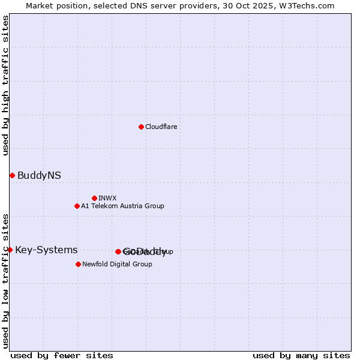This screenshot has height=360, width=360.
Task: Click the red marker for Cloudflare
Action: pyautogui.click(x=141, y=127)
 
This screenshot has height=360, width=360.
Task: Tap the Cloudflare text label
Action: pyautogui.click(x=161, y=127)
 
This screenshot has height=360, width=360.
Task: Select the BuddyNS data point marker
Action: pyautogui.click(x=12, y=175)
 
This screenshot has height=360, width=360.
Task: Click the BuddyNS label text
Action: pyautogui.click(x=39, y=175)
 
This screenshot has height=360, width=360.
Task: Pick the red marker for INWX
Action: pyautogui.click(x=94, y=198)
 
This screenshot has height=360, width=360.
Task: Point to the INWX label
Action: pyautogui.click(x=107, y=198)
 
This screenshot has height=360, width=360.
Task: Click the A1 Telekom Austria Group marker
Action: pyautogui.click(x=77, y=206)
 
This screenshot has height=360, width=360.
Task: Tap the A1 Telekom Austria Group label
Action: pyautogui.click(x=122, y=206)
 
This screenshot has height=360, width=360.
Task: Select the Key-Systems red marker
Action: pyautogui.click(x=10, y=250)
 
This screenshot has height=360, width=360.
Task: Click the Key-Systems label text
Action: pyautogui.click(x=46, y=250)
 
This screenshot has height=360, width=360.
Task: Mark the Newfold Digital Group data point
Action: pyautogui.click(x=78, y=264)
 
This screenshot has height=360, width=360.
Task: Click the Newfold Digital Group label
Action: pyautogui.click(x=117, y=264)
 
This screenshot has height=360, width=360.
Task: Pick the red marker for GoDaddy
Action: pyautogui.click(x=118, y=251)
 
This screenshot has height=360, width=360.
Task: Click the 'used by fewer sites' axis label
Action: pyautogui.click(x=62, y=355)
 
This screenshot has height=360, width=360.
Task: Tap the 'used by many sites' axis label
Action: pyautogui.click(x=301, y=355)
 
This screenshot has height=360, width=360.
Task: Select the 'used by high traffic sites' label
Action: pyautogui.click(x=5, y=85)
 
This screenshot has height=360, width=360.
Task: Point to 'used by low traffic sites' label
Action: pyautogui.click(x=5, y=280)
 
